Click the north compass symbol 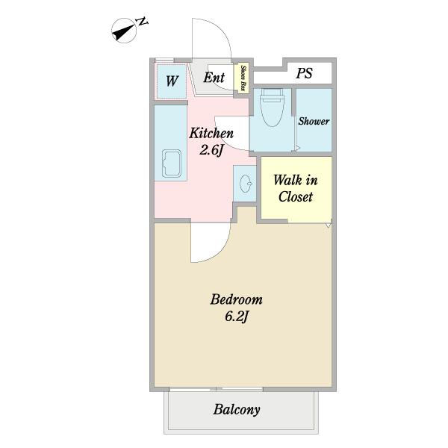tap(124, 31)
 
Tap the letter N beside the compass tap(142, 22)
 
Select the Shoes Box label tap(243, 78)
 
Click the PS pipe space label tap(304, 73)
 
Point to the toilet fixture tap(272, 107)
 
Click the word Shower tap(314, 121)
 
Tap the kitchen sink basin tap(172, 164)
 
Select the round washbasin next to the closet tap(246, 184)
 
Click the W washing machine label tap(172, 81)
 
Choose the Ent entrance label tap(214, 78)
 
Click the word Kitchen tap(211, 134)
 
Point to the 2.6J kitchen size tap(211, 150)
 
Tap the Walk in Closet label tap(296, 188)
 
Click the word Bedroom tap(236, 299)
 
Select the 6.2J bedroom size tap(237, 317)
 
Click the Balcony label tap(237, 409)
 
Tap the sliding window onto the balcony tap(216, 389)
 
